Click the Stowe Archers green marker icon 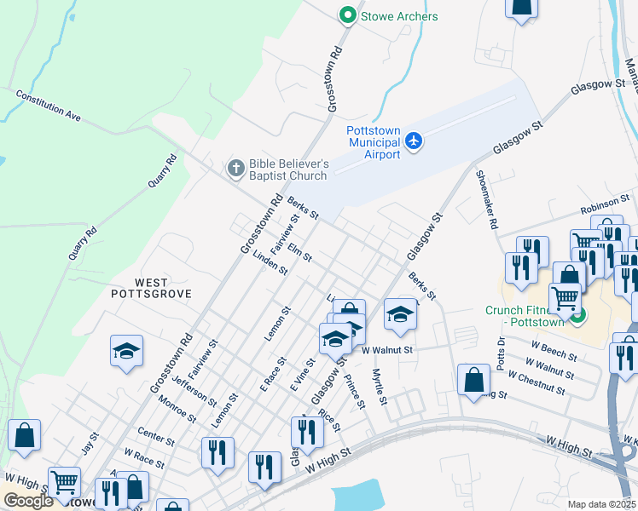pos(347,16)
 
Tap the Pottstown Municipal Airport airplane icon pos(414,141)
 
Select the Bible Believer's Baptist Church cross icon pos(235,169)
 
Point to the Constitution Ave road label pos(48,105)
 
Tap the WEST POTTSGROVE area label pos(151,287)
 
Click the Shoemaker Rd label pos(486,200)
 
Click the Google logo pos(28,501)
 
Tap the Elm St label pos(300,252)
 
